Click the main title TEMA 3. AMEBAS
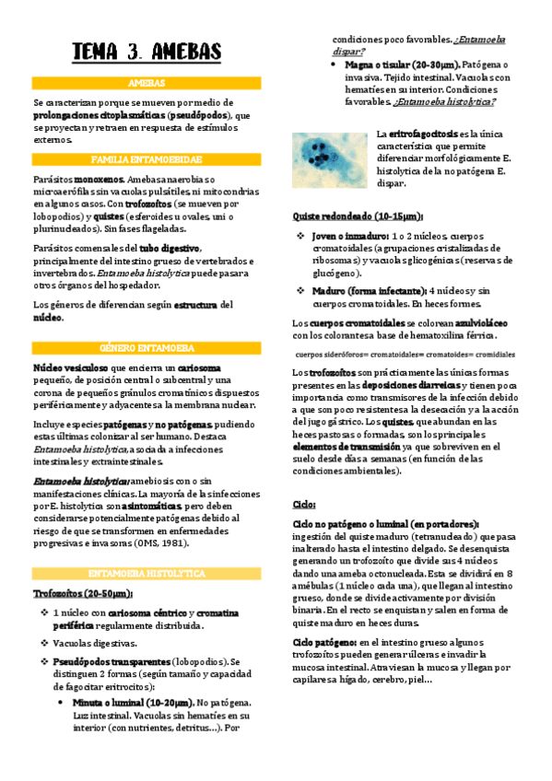(147, 52)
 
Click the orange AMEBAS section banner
(147, 83)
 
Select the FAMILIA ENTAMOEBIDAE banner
(147, 158)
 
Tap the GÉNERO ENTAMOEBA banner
(147, 348)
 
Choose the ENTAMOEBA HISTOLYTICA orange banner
(147, 573)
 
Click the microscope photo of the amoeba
(330, 158)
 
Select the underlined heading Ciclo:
(305, 505)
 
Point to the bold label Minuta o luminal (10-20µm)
(133, 702)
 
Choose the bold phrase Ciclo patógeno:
(324, 641)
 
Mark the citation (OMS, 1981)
(171, 543)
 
